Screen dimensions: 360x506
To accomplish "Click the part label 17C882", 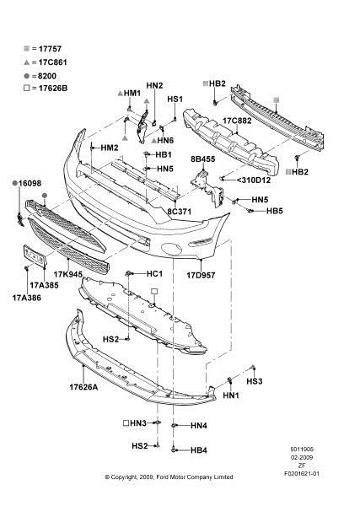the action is pos(237,121).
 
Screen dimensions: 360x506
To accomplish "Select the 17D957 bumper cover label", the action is pos(201,275).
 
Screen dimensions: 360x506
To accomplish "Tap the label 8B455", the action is pos(203,159).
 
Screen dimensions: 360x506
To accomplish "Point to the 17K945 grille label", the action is pos(68,275).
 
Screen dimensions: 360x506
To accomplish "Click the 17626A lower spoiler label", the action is pos(83,386).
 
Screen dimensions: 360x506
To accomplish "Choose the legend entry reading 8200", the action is pos(47,76).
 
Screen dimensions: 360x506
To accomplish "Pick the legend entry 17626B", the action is pos(53,88).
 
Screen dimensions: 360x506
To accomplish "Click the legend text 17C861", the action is pos(52,62).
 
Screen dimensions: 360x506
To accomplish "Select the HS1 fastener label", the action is pos(175,99).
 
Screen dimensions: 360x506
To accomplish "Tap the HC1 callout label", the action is pos(154,274).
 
